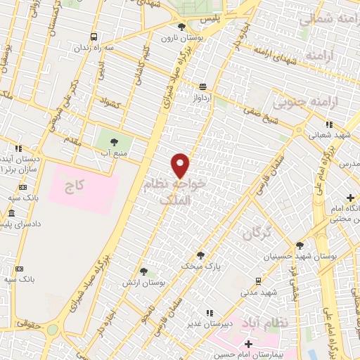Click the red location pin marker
tap(181, 165)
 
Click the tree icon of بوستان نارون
tap(181, 27)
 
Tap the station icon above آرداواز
tap(202, 86)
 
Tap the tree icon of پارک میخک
tap(200, 255)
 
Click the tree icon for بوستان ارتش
tap(143, 271)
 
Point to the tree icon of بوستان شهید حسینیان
tap(300, 245)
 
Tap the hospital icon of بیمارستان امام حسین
tap(247, 344)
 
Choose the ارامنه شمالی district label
tap(324, 20)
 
